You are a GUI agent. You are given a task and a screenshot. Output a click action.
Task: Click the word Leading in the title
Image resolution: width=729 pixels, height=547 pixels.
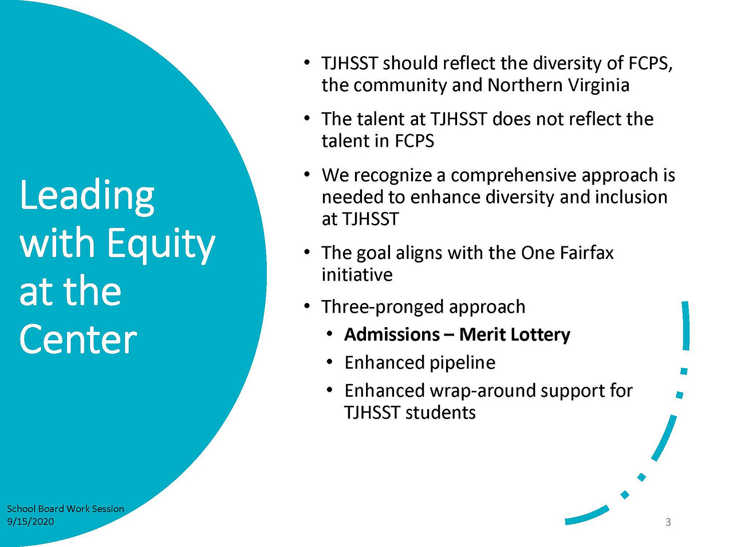[87, 196]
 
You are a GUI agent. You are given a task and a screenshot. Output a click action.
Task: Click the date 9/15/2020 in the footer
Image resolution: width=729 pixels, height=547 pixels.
[31, 521]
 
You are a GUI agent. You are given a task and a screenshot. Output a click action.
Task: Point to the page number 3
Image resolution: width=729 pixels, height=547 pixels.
[668, 522]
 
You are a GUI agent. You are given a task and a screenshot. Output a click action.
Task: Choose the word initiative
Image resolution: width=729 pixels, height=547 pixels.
[357, 275]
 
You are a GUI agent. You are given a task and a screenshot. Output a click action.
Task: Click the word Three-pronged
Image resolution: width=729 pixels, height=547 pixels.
[382, 307]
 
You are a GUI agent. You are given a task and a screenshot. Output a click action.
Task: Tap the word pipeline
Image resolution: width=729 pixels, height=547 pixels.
[462, 363]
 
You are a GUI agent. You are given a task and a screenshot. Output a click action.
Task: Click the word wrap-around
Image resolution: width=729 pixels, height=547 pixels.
[482, 391]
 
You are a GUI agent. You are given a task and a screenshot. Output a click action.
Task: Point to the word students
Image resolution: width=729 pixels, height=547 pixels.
[441, 413]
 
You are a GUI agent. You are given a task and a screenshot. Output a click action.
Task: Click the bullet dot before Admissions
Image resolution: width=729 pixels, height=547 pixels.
[329, 334]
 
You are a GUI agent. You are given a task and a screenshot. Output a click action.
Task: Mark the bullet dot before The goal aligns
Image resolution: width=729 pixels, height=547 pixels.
[307, 252]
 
